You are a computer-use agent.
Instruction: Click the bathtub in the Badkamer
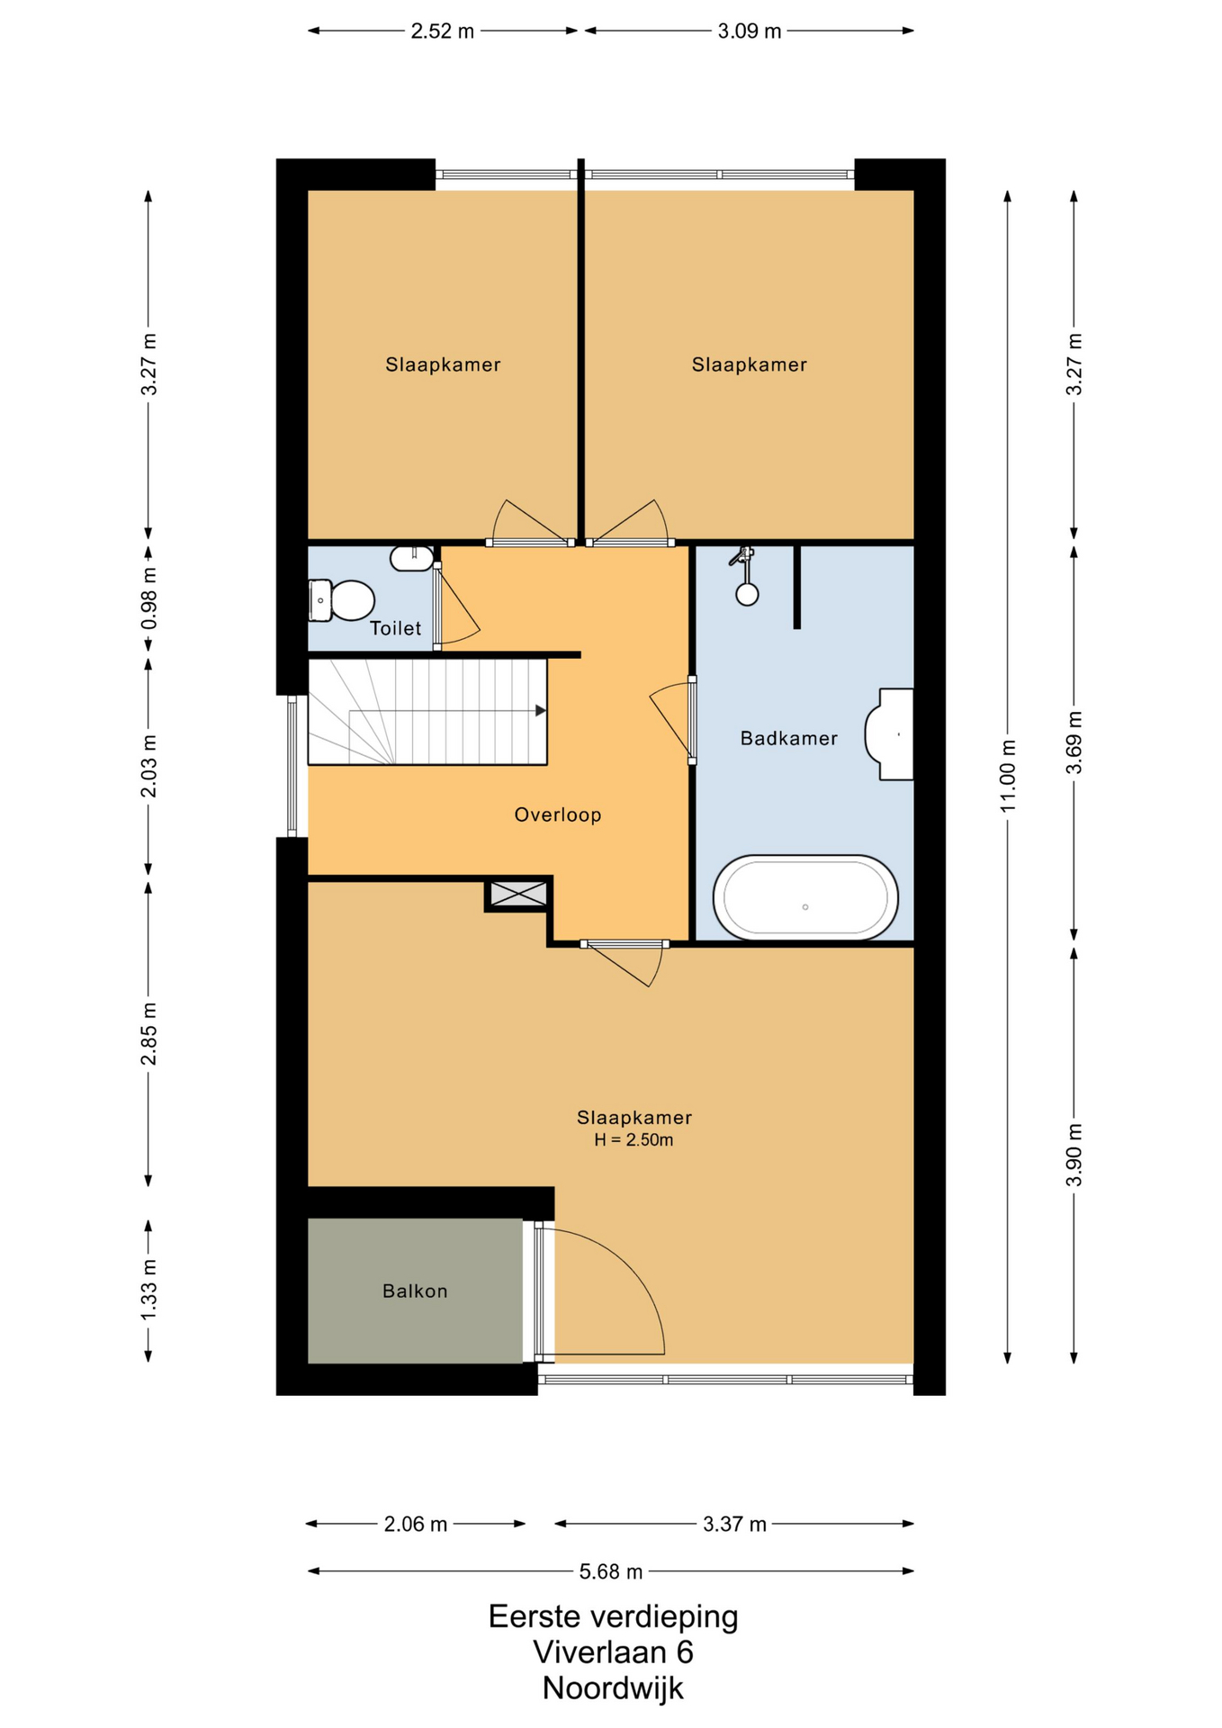805,897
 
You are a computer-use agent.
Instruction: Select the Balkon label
415,1291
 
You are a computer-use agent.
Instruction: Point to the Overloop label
558,814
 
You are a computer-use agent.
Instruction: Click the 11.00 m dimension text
1008,775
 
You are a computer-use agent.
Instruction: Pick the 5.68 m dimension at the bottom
611,1571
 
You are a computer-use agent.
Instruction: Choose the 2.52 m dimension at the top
442,31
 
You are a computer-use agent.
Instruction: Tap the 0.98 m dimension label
148,598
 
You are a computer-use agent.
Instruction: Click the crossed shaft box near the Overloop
517,895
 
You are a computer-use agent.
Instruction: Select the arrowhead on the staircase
541,711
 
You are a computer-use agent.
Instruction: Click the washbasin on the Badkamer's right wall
889,733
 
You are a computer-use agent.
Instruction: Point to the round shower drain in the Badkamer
747,594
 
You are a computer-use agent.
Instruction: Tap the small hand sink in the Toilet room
410,559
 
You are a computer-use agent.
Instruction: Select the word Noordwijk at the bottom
613,1688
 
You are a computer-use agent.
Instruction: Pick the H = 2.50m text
633,1140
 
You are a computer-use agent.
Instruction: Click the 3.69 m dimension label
1074,742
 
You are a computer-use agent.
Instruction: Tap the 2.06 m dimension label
416,1524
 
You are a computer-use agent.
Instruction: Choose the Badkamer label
789,738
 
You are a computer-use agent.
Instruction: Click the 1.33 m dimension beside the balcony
148,1291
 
